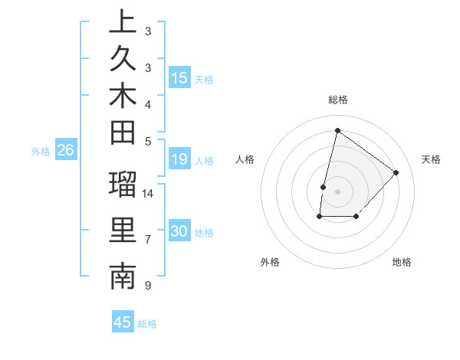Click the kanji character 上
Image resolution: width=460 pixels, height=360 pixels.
point(123,22)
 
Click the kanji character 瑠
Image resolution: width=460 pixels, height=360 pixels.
point(123,185)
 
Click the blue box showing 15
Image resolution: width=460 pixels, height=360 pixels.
point(179,77)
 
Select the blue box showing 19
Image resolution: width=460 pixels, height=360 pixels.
point(179,159)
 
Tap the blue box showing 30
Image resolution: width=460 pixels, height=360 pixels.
point(179,231)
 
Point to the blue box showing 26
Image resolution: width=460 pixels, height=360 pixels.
point(66,150)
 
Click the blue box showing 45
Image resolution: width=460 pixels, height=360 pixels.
point(123,322)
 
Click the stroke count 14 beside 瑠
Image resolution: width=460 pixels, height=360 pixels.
point(148,193)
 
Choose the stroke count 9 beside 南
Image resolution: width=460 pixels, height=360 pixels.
point(147,286)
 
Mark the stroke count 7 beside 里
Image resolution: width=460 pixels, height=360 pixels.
point(147,240)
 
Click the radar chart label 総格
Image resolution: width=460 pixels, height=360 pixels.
point(337,100)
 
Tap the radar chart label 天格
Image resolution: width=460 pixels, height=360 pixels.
point(431,159)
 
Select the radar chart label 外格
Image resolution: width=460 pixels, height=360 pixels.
point(270,262)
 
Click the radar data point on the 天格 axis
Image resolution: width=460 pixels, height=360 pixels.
point(396,172)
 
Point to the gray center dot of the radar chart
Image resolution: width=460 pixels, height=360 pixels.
point(337,191)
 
